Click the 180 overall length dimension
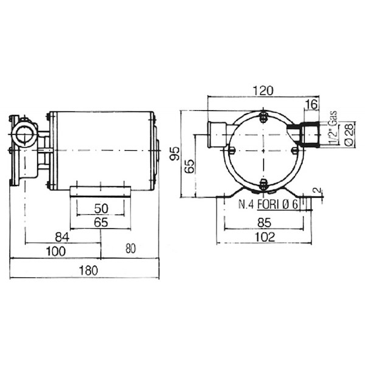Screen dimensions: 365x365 click(x=88, y=271)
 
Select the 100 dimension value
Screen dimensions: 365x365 click(x=56, y=251)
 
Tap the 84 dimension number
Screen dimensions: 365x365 click(x=62, y=237)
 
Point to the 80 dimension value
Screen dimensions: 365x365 click(x=131, y=249)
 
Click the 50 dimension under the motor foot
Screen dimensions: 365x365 click(x=101, y=209)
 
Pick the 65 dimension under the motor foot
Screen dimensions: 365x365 click(x=101, y=223)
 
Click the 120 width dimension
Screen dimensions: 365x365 click(x=263, y=91)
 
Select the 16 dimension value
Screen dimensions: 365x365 click(x=312, y=104)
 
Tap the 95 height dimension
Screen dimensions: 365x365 click(x=175, y=154)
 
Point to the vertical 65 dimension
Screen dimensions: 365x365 click(x=189, y=166)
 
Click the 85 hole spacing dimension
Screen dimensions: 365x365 click(x=265, y=223)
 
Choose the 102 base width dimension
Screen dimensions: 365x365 click(x=265, y=237)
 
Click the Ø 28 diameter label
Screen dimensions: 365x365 click(x=349, y=134)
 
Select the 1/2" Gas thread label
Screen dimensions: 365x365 click(x=333, y=128)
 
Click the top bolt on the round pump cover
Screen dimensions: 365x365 click(x=263, y=118)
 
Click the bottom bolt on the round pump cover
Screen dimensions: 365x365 click(x=263, y=185)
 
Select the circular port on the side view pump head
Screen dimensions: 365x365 click(x=24, y=134)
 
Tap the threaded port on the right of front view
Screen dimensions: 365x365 click(x=310, y=134)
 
